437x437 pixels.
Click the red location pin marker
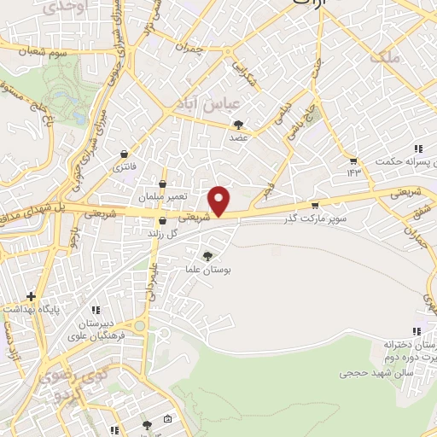[220, 201]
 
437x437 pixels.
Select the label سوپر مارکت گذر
[316, 219]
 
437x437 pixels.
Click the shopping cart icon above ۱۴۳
[353, 160]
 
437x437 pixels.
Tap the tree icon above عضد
[238, 124]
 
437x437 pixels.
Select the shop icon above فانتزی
[125, 154]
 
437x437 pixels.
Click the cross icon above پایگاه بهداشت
[31, 296]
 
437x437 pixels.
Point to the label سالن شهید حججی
[376, 372]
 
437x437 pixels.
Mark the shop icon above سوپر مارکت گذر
[315, 205]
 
